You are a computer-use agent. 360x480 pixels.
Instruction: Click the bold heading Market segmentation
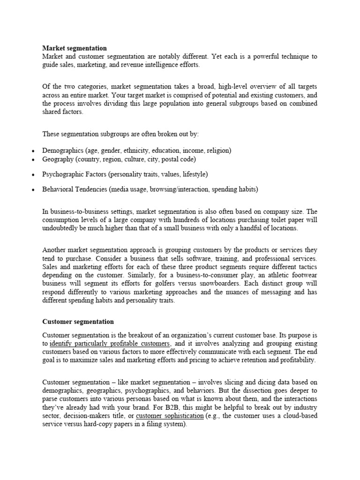point(75,48)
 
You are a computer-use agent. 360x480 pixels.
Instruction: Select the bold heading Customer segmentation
point(78,322)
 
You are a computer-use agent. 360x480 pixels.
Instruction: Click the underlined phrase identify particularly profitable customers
point(109,344)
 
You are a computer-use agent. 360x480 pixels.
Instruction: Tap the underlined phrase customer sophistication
point(170,416)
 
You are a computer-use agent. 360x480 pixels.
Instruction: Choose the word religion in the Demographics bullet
point(217,150)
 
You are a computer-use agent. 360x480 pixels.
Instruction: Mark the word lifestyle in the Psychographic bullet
point(194,174)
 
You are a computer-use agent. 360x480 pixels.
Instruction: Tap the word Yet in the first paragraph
point(217,57)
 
